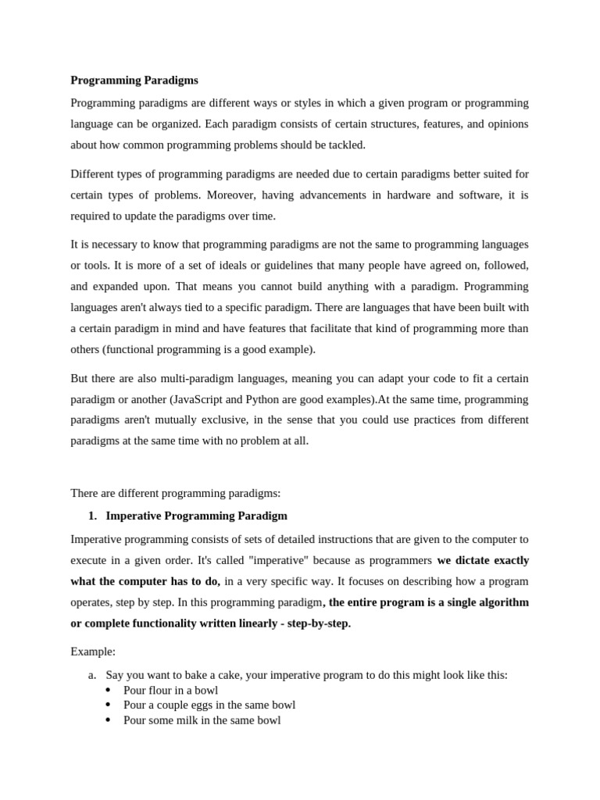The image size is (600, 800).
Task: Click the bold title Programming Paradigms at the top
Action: (134, 80)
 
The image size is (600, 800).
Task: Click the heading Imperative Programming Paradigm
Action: (196, 516)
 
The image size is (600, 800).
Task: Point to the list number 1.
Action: (92, 516)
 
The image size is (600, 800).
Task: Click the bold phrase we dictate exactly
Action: (483, 560)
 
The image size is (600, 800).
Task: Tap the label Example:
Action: (93, 652)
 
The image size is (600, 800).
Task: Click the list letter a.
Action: (91, 674)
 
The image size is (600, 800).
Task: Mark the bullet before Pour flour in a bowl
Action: (108, 691)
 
